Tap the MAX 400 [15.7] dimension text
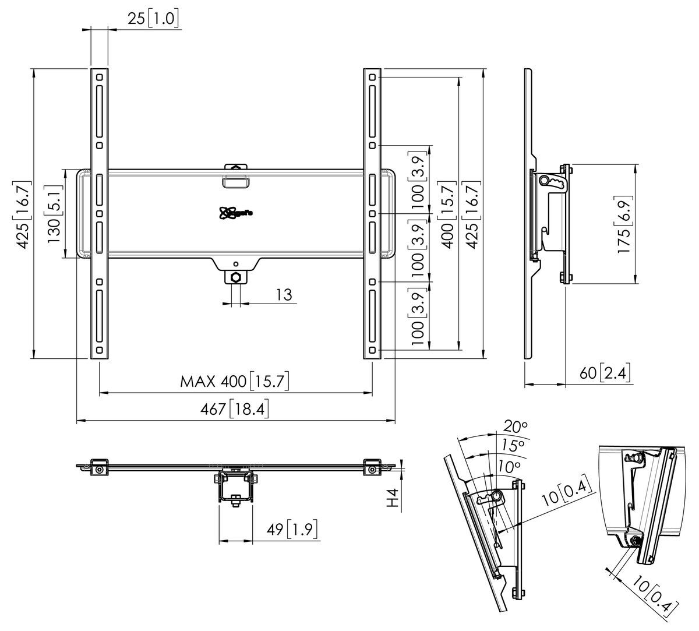[234, 382]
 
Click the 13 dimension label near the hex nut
[284, 295]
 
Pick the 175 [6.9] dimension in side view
[625, 224]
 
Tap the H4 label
[395, 498]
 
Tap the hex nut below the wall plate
[236, 276]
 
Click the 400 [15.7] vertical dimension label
[449, 213]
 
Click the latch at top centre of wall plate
[236, 175]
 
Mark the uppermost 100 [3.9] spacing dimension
[420, 179]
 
